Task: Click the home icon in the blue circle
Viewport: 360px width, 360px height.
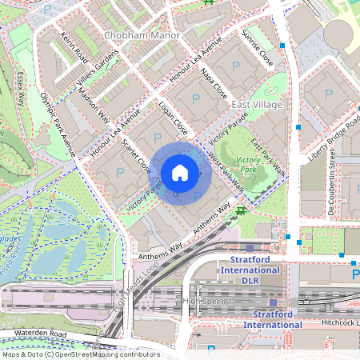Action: coord(180,173)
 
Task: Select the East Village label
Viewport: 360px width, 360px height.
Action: coord(258,105)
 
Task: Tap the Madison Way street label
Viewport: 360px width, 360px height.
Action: coord(94,103)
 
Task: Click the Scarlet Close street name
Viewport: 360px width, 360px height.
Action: coord(137,155)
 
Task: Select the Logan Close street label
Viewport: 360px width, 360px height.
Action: coord(174,117)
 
